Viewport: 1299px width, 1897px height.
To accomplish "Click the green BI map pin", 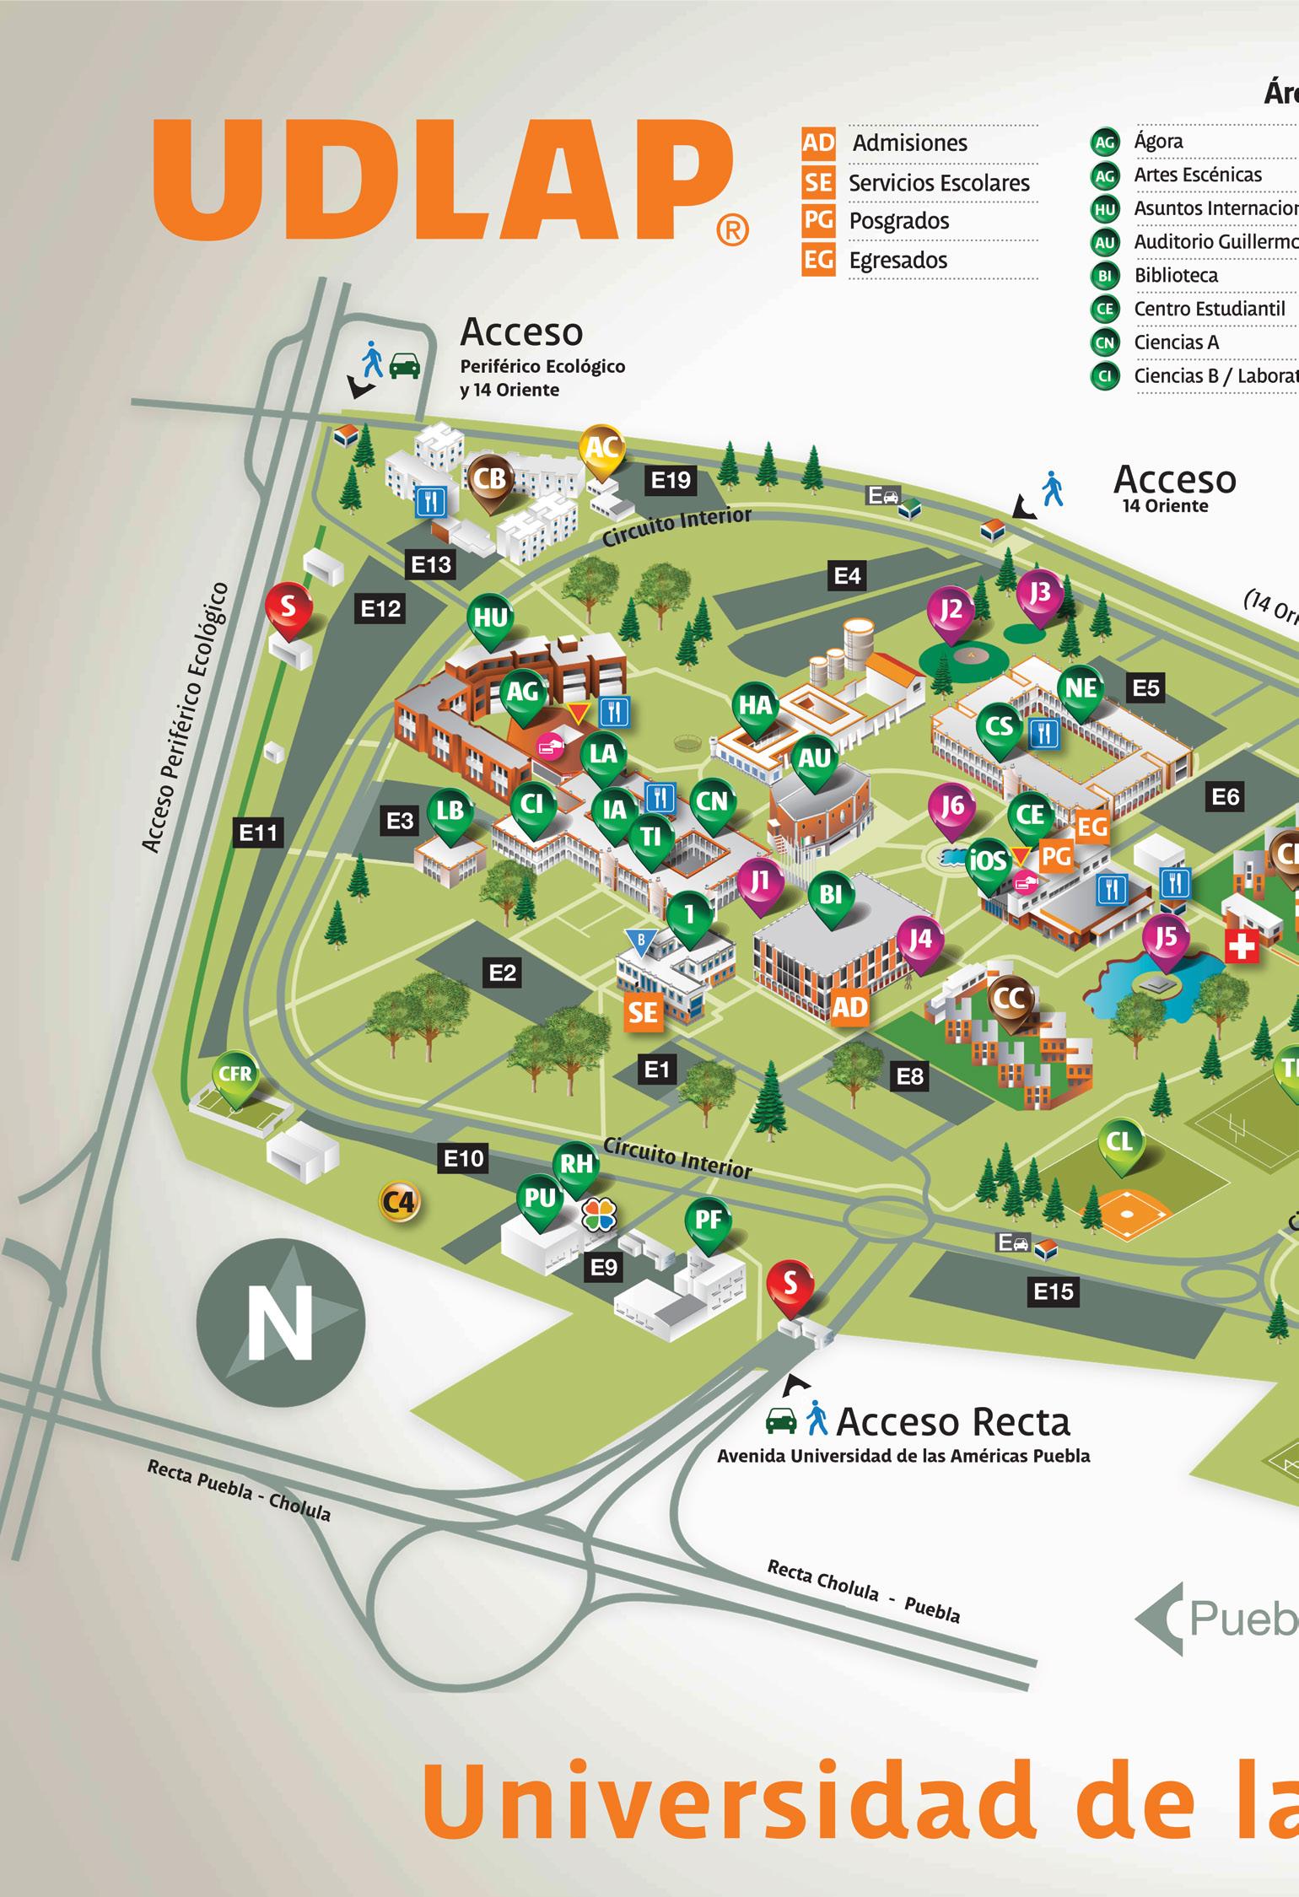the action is (x=830, y=895).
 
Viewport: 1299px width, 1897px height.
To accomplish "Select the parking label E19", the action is (x=671, y=480).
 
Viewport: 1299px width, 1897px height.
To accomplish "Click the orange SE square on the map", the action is (x=643, y=1011).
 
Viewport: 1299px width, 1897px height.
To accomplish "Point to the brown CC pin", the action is (x=1010, y=1000).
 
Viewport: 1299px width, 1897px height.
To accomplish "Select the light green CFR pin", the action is (x=234, y=1075).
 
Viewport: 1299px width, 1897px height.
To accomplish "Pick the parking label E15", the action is (x=1054, y=1291).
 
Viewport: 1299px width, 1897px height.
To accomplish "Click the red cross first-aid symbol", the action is (x=1240, y=948).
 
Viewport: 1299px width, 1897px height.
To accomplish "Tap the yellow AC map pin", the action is (x=602, y=450).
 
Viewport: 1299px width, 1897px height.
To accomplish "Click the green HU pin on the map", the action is (x=490, y=619).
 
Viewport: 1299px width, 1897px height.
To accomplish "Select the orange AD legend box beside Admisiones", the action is (x=817, y=143).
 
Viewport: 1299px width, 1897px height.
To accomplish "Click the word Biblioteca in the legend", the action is (x=1176, y=276).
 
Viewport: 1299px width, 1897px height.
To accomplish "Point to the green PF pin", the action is (x=708, y=1220).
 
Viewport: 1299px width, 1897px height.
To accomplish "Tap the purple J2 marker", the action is (x=951, y=611).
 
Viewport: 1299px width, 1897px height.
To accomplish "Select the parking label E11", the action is (x=258, y=833).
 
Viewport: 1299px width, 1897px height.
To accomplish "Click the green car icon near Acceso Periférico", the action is (x=405, y=365).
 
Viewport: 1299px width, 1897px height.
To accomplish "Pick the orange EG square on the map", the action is (x=1091, y=827).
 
